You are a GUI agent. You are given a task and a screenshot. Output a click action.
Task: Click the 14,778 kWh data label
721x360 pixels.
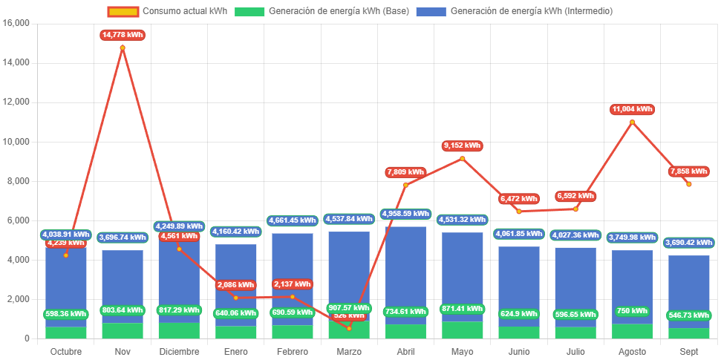tap(123, 35)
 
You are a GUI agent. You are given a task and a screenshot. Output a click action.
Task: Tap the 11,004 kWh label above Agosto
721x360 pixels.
tap(632, 109)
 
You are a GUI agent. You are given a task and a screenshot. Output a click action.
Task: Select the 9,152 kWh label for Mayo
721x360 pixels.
tap(462, 145)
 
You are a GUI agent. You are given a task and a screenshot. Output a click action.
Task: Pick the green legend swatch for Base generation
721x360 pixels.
tap(249, 11)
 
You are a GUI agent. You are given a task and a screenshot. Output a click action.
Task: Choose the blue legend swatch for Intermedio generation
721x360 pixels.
tap(431, 11)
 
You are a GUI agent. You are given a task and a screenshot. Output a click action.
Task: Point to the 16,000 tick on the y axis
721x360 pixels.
tap(16, 23)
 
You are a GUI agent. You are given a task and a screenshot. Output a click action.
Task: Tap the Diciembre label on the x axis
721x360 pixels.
tap(179, 351)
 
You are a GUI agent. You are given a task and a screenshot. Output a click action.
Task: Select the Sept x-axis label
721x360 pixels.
tap(688, 351)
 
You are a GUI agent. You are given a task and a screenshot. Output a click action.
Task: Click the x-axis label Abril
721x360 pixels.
tap(405, 351)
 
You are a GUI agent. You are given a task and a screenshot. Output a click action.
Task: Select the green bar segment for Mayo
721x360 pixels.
tap(462, 330)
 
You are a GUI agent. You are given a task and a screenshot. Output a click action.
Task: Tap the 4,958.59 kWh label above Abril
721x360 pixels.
tap(405, 214)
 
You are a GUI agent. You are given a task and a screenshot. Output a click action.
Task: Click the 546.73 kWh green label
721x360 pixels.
tap(688, 315)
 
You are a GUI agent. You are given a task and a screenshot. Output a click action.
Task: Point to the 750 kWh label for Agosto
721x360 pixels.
tap(632, 311)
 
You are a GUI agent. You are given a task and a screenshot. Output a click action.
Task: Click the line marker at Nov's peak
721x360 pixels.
tap(123, 48)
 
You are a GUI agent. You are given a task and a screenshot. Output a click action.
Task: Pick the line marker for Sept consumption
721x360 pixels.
tap(688, 184)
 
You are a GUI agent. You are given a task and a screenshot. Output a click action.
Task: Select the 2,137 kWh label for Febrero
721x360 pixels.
tap(292, 284)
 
